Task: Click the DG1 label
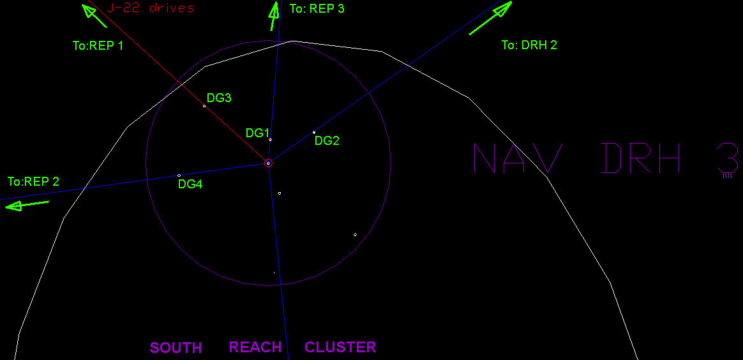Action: (x=258, y=133)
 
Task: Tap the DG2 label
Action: (x=327, y=141)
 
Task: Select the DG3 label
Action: (x=219, y=98)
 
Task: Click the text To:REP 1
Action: (x=98, y=46)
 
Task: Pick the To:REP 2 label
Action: (x=33, y=182)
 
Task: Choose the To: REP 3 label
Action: (x=317, y=10)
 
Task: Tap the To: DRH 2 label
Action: (x=529, y=45)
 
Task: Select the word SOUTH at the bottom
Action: (x=176, y=348)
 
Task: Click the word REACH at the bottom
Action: (x=255, y=347)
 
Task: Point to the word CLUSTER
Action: (x=340, y=347)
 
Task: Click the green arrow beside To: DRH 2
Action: (x=491, y=19)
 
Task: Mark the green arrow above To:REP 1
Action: (x=94, y=15)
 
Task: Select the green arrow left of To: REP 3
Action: (x=274, y=15)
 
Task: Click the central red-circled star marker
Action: (x=268, y=163)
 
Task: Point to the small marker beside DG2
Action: (x=314, y=132)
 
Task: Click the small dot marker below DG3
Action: (x=204, y=106)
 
